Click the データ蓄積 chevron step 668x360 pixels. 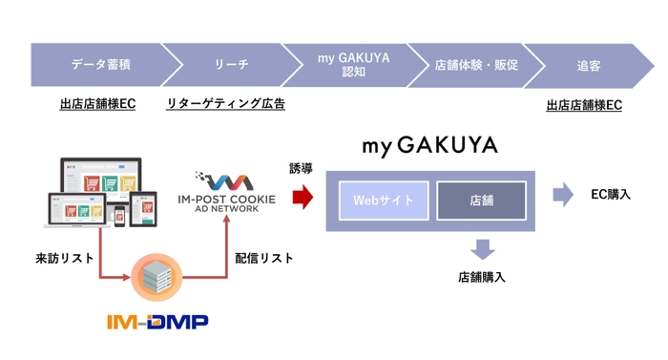[x=101, y=65]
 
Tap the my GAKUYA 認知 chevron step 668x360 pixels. [x=353, y=65]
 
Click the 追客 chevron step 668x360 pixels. [x=589, y=65]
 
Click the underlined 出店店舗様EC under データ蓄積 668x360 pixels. [x=97, y=104]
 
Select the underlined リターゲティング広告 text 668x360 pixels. [x=225, y=104]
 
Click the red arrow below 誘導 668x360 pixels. [x=303, y=198]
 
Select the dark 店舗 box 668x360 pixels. [x=481, y=201]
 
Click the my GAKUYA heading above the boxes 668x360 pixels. [x=429, y=146]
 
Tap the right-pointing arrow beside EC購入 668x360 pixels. [x=564, y=195]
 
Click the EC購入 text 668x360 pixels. [x=611, y=194]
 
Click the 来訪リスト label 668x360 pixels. [x=65, y=258]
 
